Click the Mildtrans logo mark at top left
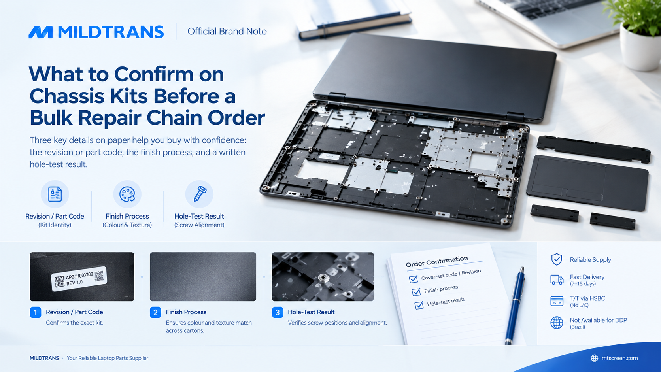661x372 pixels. tap(41, 32)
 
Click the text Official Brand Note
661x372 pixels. tap(227, 31)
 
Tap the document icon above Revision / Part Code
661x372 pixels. tap(55, 194)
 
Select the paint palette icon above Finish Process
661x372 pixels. tap(127, 194)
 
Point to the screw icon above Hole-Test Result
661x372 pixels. tap(200, 194)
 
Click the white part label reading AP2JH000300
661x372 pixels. tap(79, 279)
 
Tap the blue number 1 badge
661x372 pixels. tap(36, 312)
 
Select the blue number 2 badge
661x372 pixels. tap(155, 312)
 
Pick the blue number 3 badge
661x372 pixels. tap(278, 312)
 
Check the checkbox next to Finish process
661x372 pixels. tap(416, 292)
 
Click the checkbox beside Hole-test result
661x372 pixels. tap(419, 305)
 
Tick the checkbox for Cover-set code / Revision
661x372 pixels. tap(414, 279)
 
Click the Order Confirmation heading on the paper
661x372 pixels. tap(437, 261)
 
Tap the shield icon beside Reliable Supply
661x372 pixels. tap(557, 259)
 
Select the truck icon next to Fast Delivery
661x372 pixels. tap(557, 279)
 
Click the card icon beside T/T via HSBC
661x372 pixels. tap(557, 301)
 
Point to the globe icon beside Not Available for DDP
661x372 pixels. tap(557, 323)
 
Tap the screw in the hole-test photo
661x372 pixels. tap(322, 277)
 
